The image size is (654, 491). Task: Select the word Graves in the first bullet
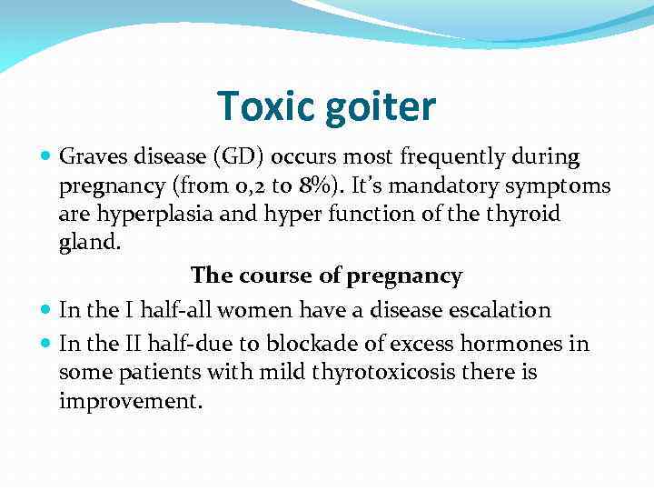pyautogui.click(x=91, y=157)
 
